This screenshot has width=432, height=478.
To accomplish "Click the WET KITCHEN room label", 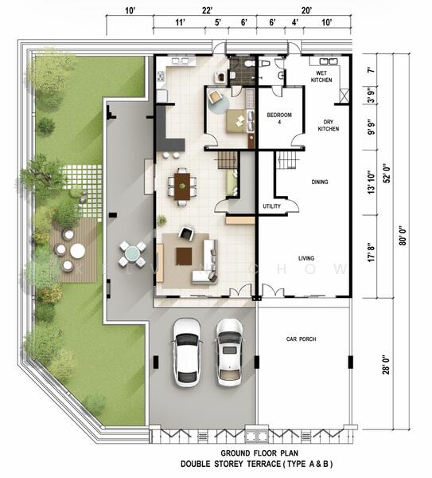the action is (321, 76).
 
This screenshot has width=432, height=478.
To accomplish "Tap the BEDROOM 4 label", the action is (279, 118).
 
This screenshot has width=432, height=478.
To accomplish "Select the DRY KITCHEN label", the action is (329, 125).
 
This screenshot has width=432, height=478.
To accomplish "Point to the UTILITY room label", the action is (271, 206).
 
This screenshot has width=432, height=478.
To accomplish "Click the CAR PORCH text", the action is (301, 339).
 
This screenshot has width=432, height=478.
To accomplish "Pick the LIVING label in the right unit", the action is (306, 258).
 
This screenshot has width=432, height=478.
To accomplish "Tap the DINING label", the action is (320, 182).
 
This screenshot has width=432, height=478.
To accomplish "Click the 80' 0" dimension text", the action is (403, 236).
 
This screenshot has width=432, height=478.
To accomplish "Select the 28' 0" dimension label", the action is (386, 365).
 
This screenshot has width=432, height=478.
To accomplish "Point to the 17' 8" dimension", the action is (371, 253).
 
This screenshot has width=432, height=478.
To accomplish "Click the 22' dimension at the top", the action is (207, 10).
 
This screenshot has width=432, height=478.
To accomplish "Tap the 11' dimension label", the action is (181, 22).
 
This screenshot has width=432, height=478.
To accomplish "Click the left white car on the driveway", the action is (187, 353).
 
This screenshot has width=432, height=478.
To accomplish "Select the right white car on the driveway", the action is (230, 353).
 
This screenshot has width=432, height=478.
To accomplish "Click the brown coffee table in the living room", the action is (184, 257).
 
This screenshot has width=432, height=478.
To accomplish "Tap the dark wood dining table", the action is (182, 186).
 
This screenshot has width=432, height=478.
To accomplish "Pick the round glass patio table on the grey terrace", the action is (132, 253).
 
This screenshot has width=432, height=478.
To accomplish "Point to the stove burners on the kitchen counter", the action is (161, 76).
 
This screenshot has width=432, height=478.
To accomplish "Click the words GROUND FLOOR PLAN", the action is (259, 453).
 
